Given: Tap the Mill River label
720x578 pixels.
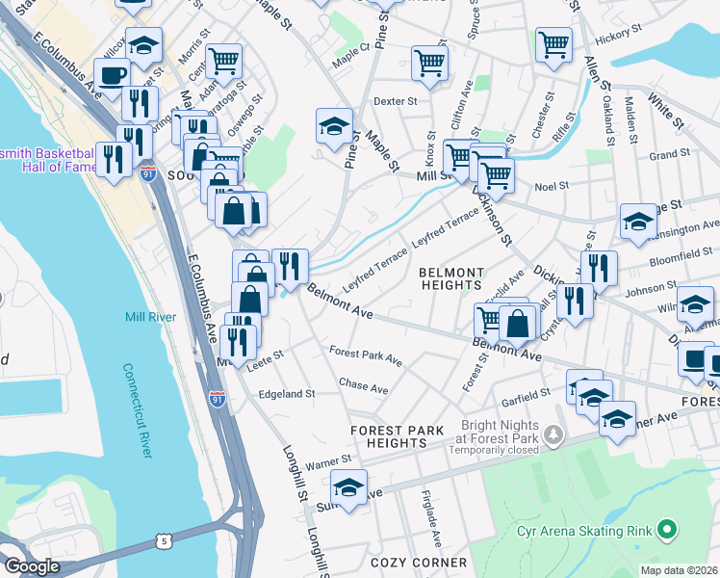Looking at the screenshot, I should click(148, 317).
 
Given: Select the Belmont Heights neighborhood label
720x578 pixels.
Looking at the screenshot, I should click(450, 278).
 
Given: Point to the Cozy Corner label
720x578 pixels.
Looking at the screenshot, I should click(419, 562).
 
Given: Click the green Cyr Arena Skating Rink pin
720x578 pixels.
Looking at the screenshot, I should click(666, 530).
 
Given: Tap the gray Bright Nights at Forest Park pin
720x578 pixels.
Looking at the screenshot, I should click(553, 435).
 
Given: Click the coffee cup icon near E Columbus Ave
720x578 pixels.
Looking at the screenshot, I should click(112, 74).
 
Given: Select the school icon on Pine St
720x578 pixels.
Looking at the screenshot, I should click(334, 125).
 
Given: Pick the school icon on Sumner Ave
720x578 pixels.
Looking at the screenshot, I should click(348, 486).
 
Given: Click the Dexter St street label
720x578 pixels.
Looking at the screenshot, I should click(395, 100).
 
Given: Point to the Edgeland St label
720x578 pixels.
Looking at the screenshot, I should click(286, 394).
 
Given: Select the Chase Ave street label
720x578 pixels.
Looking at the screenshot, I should click(363, 387).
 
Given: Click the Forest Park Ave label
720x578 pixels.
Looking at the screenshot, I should click(365, 355).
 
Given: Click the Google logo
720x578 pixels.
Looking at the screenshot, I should click(32, 566).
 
